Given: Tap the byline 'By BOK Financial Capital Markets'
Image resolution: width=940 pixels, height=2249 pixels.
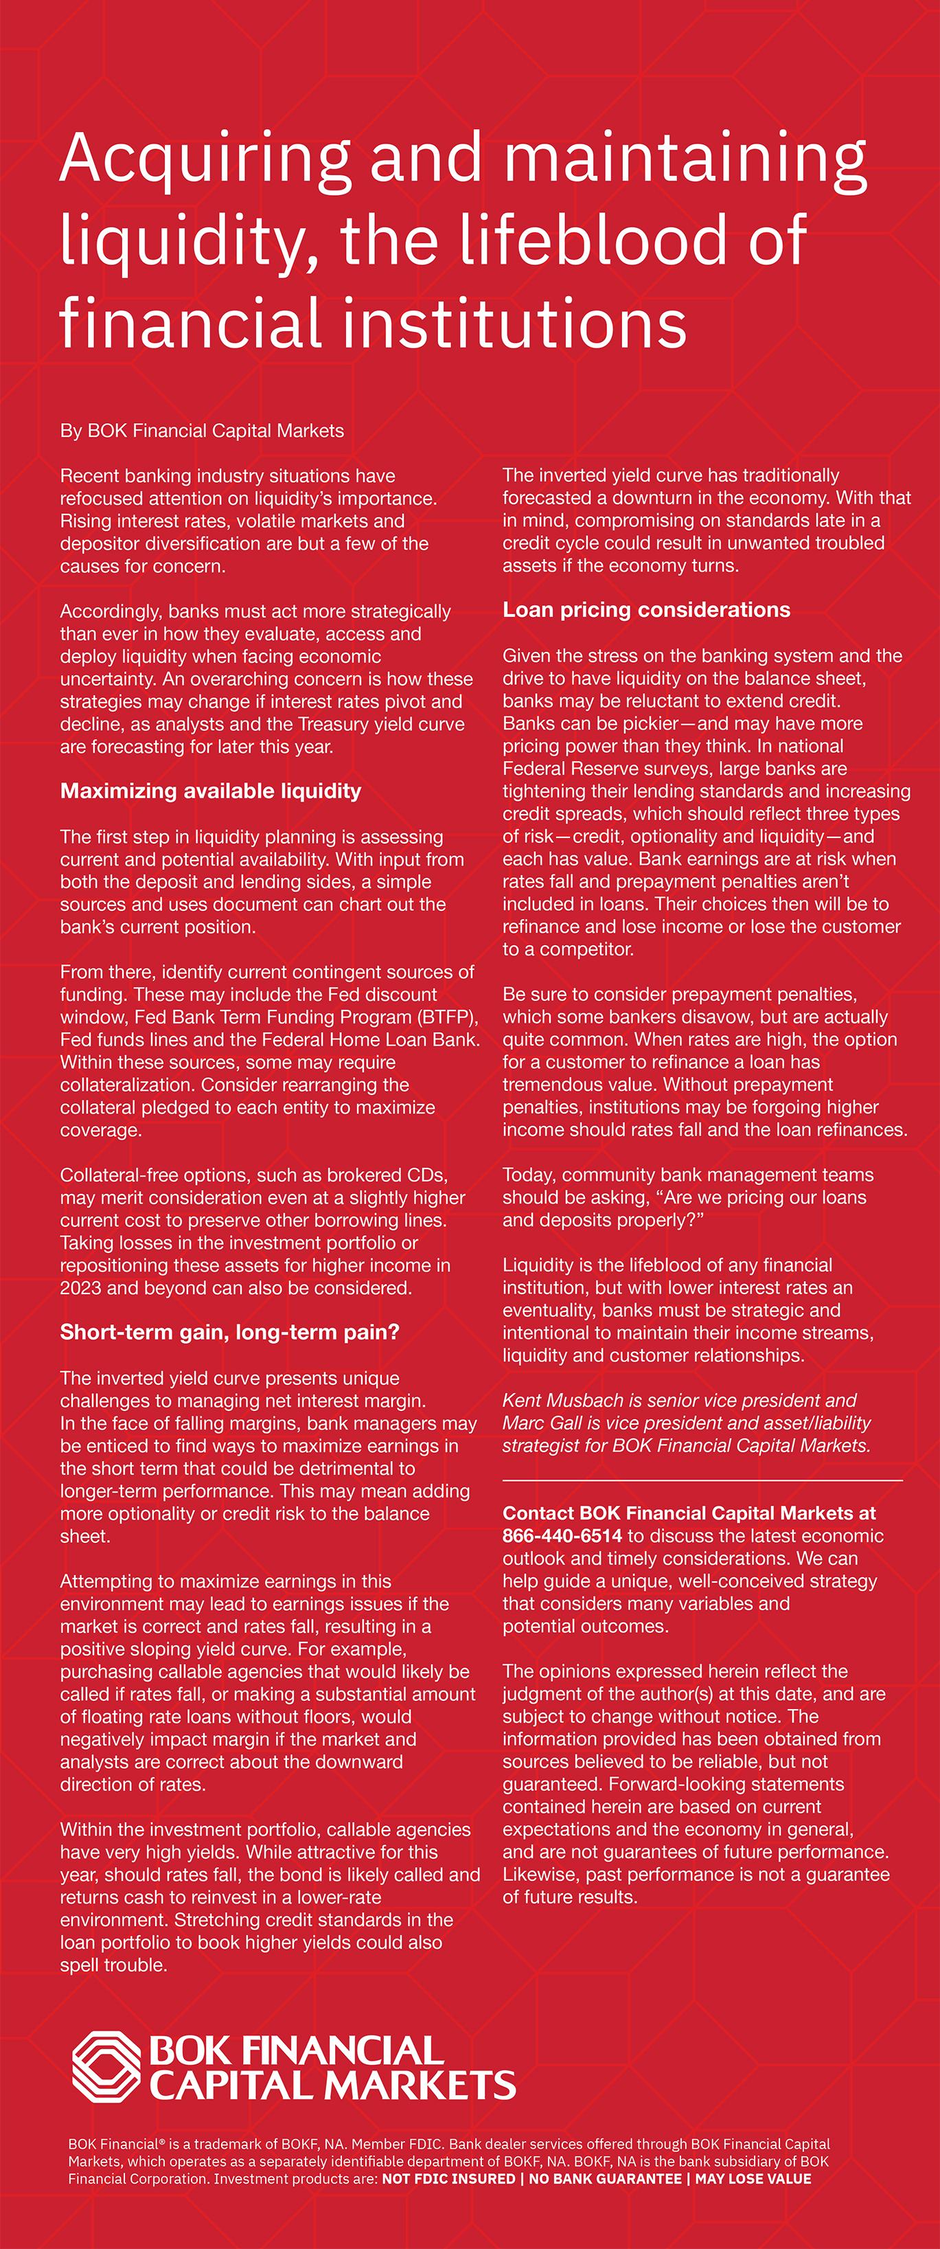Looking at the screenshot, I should (x=202, y=431).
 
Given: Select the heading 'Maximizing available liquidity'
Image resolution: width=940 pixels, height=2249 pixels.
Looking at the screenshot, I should (x=210, y=791).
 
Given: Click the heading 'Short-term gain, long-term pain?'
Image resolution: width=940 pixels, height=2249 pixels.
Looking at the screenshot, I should (x=229, y=1332).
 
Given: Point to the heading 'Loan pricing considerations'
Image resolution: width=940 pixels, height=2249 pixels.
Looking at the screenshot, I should (x=646, y=609).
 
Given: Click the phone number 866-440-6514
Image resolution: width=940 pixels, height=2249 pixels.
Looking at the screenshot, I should (x=562, y=1536).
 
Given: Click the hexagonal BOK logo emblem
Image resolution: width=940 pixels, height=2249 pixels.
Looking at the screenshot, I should (x=106, y=2066).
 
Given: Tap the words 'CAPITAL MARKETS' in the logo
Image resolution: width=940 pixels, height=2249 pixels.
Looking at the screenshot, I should (x=332, y=2086).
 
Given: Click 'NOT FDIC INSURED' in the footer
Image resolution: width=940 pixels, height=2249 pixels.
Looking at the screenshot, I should (x=448, y=2179).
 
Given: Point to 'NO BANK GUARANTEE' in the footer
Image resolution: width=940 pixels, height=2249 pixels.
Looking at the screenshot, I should (x=605, y=2179).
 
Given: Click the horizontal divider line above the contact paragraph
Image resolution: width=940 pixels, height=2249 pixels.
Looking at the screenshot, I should (x=702, y=1482).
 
